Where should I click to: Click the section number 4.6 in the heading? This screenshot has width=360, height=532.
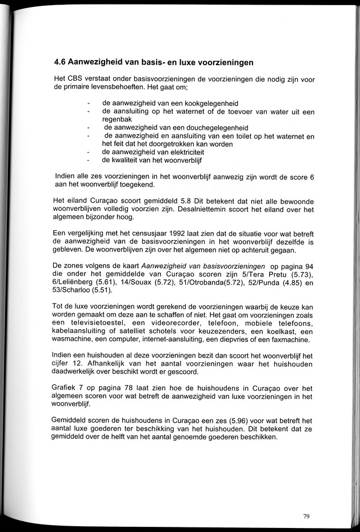pyautogui.click(x=61, y=62)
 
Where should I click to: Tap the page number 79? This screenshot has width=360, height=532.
pyautogui.click(x=306, y=517)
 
